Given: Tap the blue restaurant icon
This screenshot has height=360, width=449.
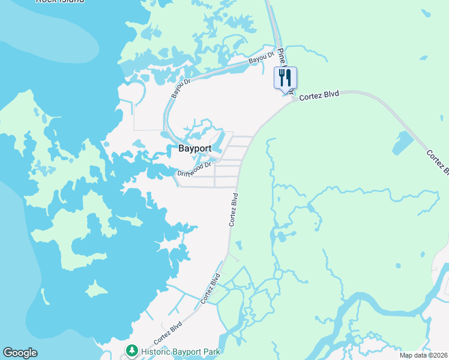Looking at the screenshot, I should (x=285, y=78).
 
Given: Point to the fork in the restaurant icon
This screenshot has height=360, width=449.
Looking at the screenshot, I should (x=282, y=77).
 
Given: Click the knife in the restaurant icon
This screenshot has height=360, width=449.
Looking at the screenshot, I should (x=289, y=77).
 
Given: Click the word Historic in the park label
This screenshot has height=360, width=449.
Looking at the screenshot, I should (x=157, y=351).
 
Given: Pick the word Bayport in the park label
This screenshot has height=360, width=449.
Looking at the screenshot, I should (x=188, y=351).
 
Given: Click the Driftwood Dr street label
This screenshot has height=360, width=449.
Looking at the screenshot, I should (x=194, y=169).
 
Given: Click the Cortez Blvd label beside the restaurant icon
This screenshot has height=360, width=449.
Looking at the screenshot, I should (x=319, y=95).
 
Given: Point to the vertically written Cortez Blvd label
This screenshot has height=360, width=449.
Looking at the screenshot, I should (x=234, y=209).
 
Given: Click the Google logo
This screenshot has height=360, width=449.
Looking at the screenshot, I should (x=20, y=353).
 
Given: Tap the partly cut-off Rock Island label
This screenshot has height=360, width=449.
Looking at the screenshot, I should (x=60, y=2).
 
